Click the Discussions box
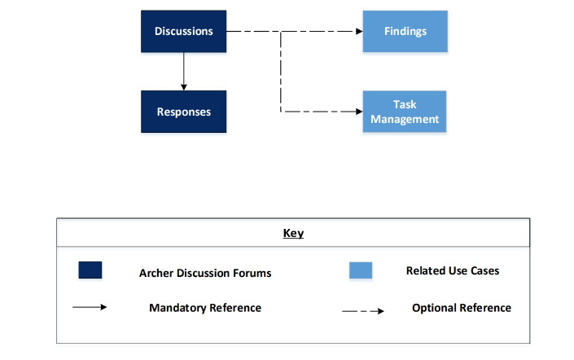pyautogui.click(x=183, y=31)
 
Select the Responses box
pyautogui.click(x=183, y=112)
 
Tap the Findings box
pyautogui.click(x=405, y=31)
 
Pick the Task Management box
pyautogui.click(x=405, y=112)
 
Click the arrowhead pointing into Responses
pyautogui.click(x=184, y=87)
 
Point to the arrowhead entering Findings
pyautogui.click(x=359, y=32)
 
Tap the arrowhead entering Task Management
pyautogui.click(x=359, y=112)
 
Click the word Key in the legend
pyautogui.click(x=293, y=233)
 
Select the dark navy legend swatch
pyautogui.click(x=90, y=270)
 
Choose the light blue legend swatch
pyautogui.click(x=361, y=270)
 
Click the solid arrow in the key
pyautogui.click(x=90, y=307)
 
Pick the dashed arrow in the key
pyautogui.click(x=363, y=311)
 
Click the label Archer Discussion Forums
pyautogui.click(x=205, y=273)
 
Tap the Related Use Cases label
pyautogui.click(x=453, y=270)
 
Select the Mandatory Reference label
pyautogui.click(x=205, y=308)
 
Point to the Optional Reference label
pyautogui.click(x=462, y=308)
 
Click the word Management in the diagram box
pyautogui.click(x=405, y=119)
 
